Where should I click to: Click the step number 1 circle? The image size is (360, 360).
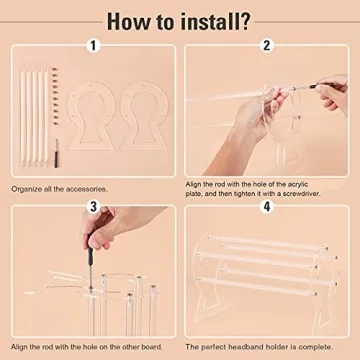pyautogui.click(x=94, y=45)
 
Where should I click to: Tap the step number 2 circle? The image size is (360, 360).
pyautogui.click(x=267, y=45)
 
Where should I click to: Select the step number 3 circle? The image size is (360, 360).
pyautogui.click(x=94, y=207)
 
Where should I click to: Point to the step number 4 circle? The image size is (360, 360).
pyautogui.click(x=267, y=207)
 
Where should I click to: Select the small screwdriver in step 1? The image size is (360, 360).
pyautogui.click(x=26, y=158)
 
